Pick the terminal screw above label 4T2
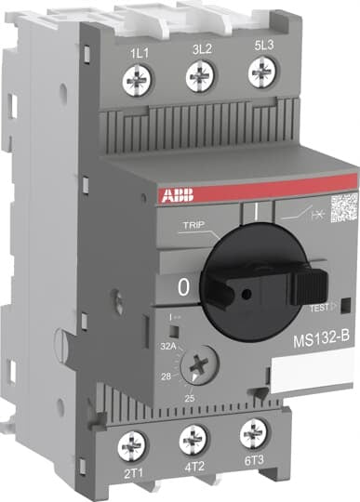point(193,436)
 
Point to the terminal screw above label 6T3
point(251,431)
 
